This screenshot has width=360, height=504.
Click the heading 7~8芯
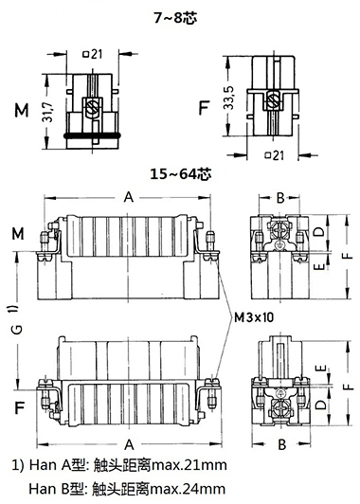(175, 18)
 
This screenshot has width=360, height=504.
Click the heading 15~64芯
(181, 174)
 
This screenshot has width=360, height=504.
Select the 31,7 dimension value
(48, 112)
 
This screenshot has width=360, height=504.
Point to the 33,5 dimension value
(230, 98)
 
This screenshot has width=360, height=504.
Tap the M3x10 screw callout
(254, 317)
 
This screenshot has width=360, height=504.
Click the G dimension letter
(18, 329)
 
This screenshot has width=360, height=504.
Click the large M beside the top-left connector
(22, 110)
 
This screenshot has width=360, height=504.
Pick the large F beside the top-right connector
(204, 108)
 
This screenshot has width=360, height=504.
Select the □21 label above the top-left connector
(93, 54)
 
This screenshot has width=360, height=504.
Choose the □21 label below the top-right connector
(275, 155)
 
